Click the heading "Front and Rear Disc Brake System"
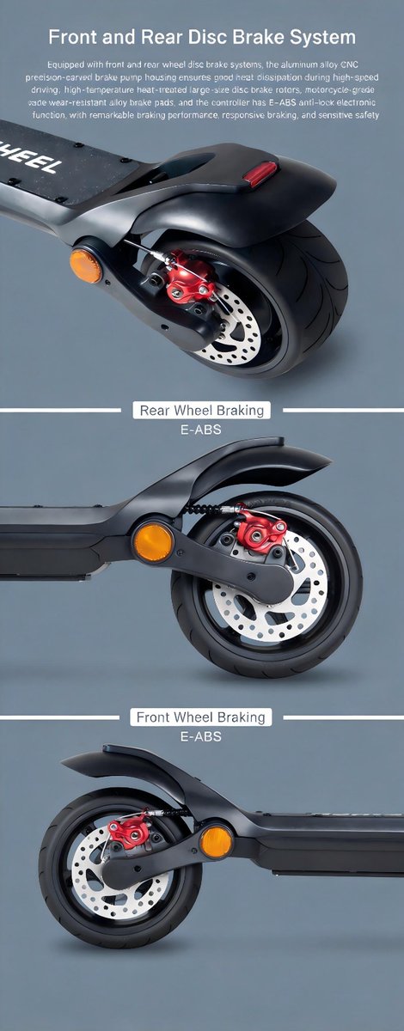coord(202,37)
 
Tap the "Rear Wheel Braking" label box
coord(202,410)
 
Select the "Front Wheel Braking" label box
coord(201,717)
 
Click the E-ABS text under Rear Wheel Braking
coord(201,430)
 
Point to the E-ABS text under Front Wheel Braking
coord(201,736)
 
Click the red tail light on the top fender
coord(260,174)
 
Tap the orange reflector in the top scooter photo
coord(86,266)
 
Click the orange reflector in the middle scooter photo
coord(153,543)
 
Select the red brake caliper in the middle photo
coord(261,530)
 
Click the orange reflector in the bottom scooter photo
coord(217,842)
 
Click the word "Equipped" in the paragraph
coord(64,64)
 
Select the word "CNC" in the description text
coord(349,64)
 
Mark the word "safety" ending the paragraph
coord(367,115)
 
